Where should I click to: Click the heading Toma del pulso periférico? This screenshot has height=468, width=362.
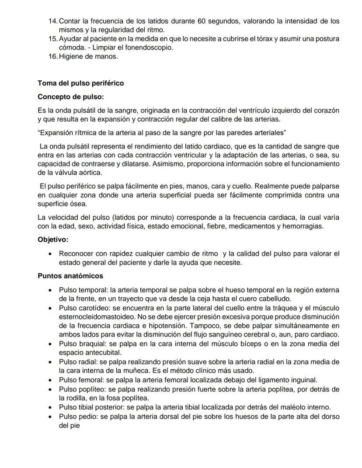coord(81,83)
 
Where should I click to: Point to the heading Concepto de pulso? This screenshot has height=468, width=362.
coord(70,96)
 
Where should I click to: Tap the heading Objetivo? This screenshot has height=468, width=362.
coord(53,239)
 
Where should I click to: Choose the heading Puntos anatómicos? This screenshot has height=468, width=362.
coord(70,276)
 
